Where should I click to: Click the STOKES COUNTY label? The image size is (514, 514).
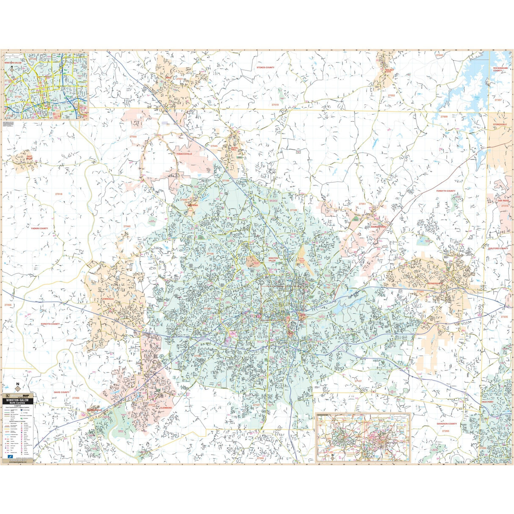click(x=265, y=67)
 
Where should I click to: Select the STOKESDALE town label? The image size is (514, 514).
click(x=500, y=124)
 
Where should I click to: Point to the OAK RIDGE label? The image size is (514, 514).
click(x=503, y=201)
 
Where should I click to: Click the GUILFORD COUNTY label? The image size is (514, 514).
click(x=497, y=249)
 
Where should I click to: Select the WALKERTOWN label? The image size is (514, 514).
click(x=379, y=227)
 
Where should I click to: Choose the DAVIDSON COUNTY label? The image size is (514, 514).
click(x=447, y=424)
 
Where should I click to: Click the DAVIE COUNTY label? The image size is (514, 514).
click(x=61, y=392)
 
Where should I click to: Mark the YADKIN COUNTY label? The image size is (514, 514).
click(x=39, y=228)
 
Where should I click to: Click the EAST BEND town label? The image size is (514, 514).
click(x=29, y=158)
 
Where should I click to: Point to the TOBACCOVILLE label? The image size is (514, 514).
click(x=184, y=154)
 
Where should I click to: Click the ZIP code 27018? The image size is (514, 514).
click(x=58, y=194)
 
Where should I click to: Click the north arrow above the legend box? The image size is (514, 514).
click(x=17, y=386)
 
